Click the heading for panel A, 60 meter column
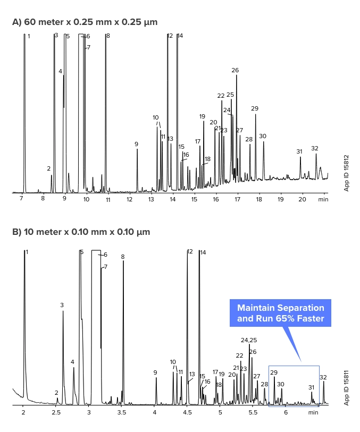(85, 22)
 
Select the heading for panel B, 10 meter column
(81, 232)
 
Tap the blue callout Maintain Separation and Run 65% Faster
(280, 313)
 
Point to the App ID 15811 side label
(347, 387)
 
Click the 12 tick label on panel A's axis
(129, 199)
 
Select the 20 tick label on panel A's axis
(302, 199)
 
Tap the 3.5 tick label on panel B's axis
(122, 412)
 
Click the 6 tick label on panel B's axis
(286, 412)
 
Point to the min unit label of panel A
(323, 199)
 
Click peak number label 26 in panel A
(235, 70)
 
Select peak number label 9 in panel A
(136, 144)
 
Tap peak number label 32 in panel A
(315, 148)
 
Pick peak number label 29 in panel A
(255, 108)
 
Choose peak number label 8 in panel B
(123, 257)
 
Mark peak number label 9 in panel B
(155, 372)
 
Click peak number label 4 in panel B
(72, 362)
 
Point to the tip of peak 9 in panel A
(137, 149)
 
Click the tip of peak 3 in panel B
(63, 311)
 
